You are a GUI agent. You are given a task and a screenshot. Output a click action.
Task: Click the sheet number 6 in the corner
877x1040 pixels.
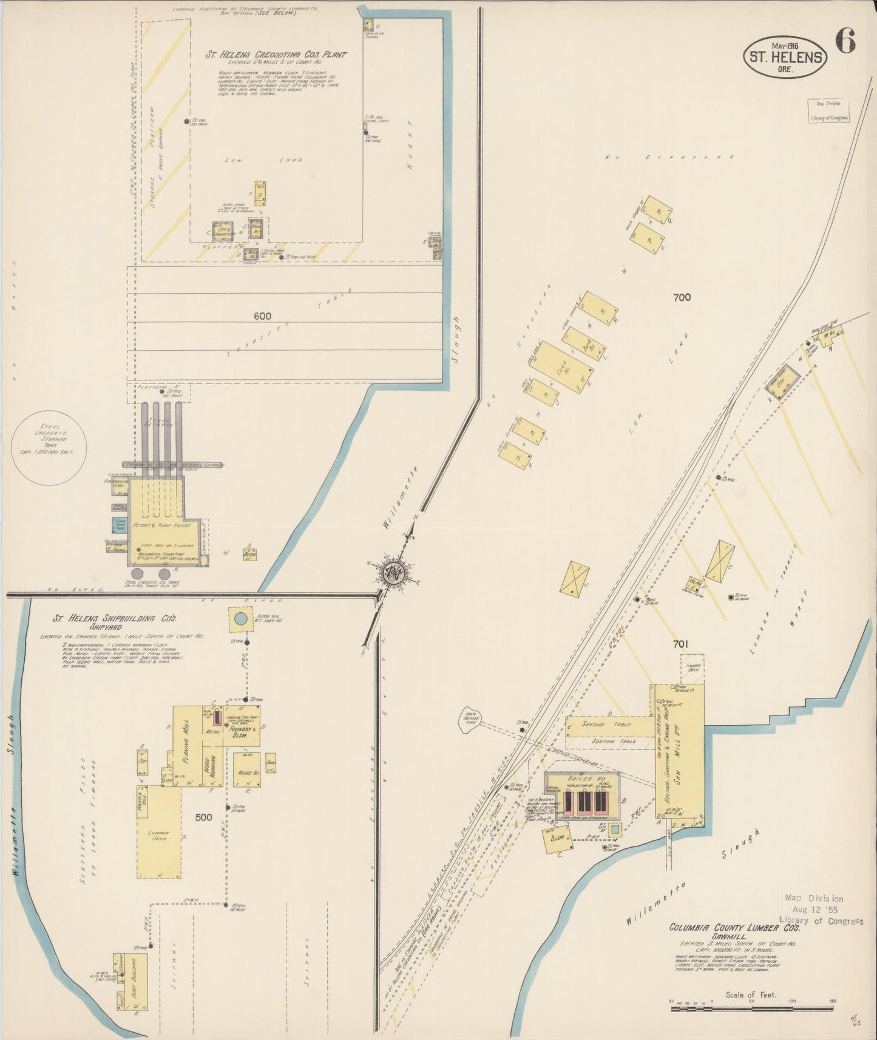pyautogui.click(x=845, y=41)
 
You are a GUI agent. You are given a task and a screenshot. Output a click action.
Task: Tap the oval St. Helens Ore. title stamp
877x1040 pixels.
pyautogui.click(x=785, y=57)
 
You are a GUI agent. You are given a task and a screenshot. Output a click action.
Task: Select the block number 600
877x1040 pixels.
pyautogui.click(x=263, y=316)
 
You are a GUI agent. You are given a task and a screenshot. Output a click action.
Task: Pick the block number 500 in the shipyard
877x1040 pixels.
pyautogui.click(x=203, y=817)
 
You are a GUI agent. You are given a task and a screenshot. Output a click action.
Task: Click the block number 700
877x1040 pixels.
pyautogui.click(x=682, y=297)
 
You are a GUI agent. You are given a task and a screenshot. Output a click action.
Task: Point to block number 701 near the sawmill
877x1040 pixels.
pyautogui.click(x=680, y=644)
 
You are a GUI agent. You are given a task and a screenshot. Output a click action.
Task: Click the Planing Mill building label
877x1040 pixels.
pyautogui.click(x=187, y=733)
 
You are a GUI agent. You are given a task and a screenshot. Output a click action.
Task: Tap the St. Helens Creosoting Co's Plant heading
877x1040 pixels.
pyautogui.click(x=276, y=54)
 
